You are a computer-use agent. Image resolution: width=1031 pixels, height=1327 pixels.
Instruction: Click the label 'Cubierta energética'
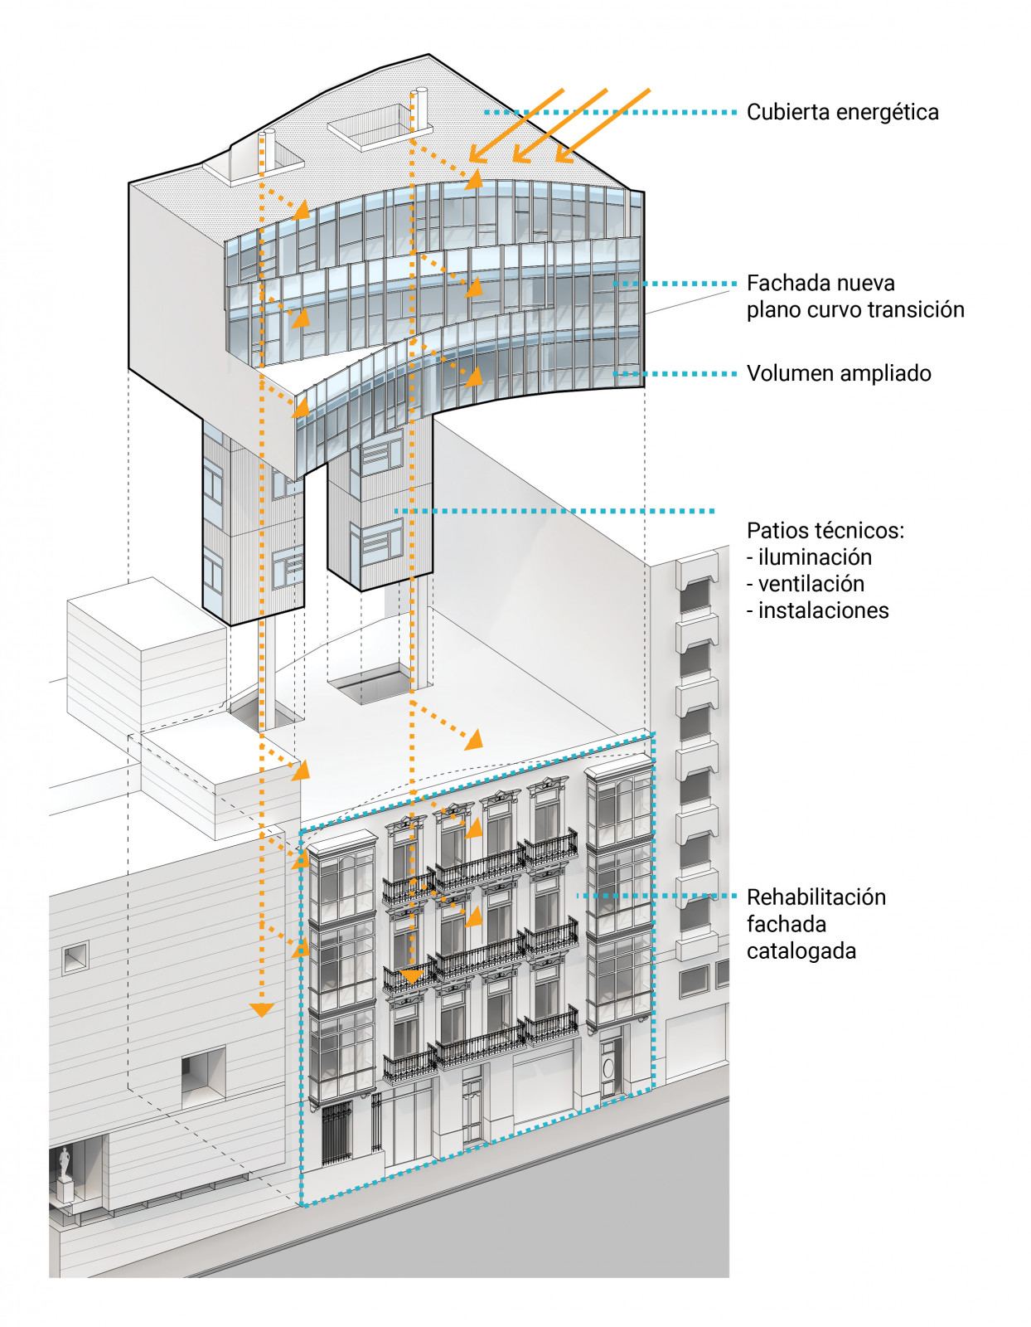pos(842,112)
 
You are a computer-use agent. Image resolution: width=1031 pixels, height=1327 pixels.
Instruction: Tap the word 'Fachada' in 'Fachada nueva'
pos(779,284)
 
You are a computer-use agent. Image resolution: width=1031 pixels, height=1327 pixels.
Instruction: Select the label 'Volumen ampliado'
pos(839,373)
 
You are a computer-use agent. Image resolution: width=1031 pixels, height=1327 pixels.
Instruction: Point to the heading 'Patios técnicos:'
pos(825,530)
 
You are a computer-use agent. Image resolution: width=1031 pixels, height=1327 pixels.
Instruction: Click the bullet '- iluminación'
pos(810,557)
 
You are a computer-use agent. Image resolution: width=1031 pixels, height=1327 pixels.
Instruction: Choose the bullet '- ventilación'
pos(806,584)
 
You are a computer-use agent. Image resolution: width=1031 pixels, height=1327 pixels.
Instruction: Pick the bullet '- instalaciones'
pos(818,610)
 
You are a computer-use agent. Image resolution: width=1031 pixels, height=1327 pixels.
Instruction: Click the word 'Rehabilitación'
pos(816,897)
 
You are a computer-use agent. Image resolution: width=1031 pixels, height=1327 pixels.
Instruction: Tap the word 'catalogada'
pos(801,950)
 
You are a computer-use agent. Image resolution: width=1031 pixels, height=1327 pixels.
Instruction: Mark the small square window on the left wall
pos(75,958)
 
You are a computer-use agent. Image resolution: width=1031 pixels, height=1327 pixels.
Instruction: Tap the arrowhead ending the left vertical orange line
pos(262,1009)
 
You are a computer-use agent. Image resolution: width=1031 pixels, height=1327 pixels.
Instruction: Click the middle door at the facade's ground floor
pos(472,1107)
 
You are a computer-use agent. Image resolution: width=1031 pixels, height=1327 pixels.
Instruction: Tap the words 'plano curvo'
pos(804,310)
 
